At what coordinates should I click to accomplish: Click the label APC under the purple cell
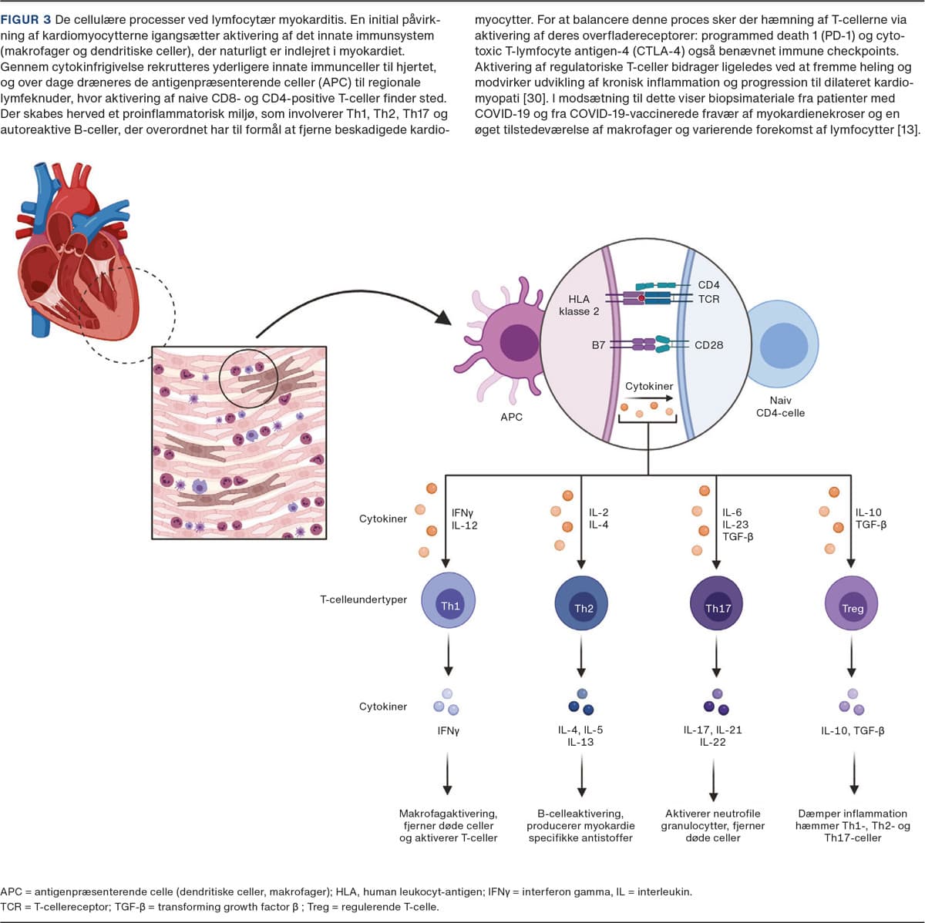coord(511,417)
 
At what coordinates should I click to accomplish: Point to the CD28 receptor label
coord(708,345)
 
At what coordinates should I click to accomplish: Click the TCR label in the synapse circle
coord(708,299)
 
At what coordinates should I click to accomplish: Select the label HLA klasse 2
coord(579,305)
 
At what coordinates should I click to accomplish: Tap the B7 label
coord(598,345)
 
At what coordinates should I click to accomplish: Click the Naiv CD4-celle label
coord(780,407)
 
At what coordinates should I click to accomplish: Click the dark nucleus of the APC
coord(519,342)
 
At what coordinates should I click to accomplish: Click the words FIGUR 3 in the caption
coord(25,19)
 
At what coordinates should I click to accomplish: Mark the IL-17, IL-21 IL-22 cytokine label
coord(712,736)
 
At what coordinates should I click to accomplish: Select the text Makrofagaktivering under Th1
coord(448,814)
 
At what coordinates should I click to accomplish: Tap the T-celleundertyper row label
coord(363,599)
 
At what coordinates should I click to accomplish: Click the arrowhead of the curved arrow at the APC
coord(445,317)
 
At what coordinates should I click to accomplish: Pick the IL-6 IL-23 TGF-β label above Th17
coord(737,524)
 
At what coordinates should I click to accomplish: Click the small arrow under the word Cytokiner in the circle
coord(648,399)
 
